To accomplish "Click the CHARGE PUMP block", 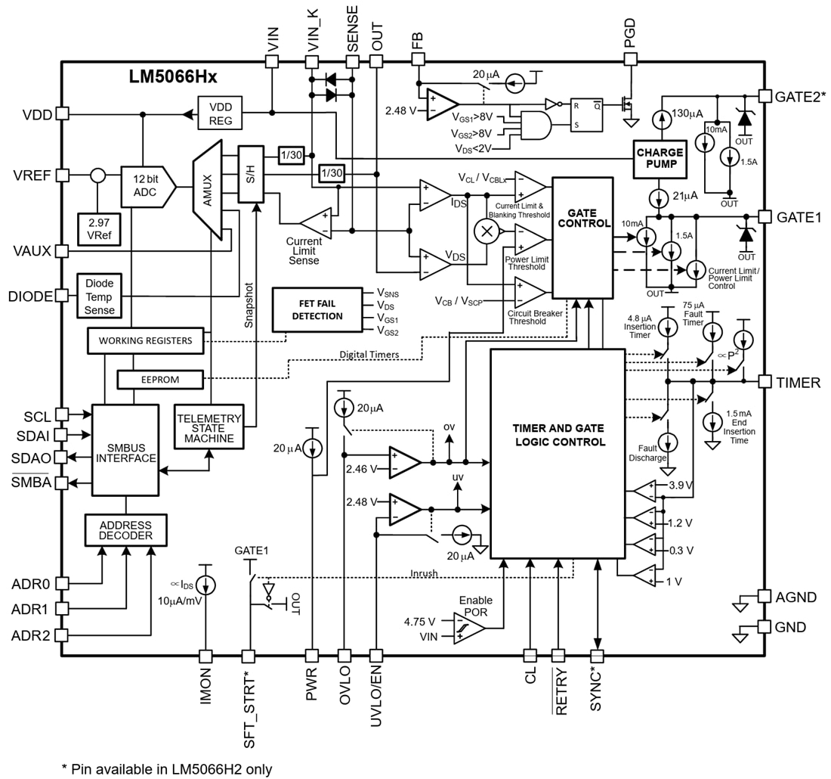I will [660, 158].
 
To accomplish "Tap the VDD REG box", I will [220, 113].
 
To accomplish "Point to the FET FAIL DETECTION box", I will [317, 309].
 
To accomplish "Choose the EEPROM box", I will [160, 378].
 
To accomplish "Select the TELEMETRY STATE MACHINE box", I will [209, 427].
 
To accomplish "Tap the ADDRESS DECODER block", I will [125, 530].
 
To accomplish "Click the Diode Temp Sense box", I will [99, 295].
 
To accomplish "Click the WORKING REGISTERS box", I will [145, 340].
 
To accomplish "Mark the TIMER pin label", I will [798, 383].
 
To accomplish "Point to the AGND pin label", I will [795, 597].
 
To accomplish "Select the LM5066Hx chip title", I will [173, 77].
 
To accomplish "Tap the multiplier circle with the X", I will [487, 231].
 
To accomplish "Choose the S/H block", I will [251, 173].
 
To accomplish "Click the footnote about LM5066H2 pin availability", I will [166, 768].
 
